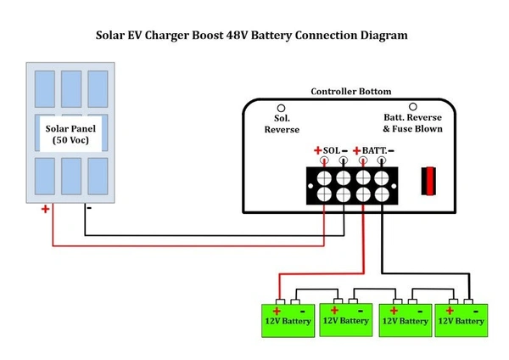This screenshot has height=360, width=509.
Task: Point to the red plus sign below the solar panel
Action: tap(45, 209)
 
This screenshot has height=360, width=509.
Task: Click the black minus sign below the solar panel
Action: tap(87, 206)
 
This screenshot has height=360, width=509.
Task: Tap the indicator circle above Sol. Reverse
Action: tap(282, 108)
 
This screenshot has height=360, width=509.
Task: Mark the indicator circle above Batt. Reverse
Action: tap(413, 108)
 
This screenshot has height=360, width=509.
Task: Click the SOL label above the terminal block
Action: tap(332, 150)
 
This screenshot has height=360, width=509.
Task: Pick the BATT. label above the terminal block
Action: tap(372, 150)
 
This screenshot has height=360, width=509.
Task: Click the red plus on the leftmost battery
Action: tap(276, 311)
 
